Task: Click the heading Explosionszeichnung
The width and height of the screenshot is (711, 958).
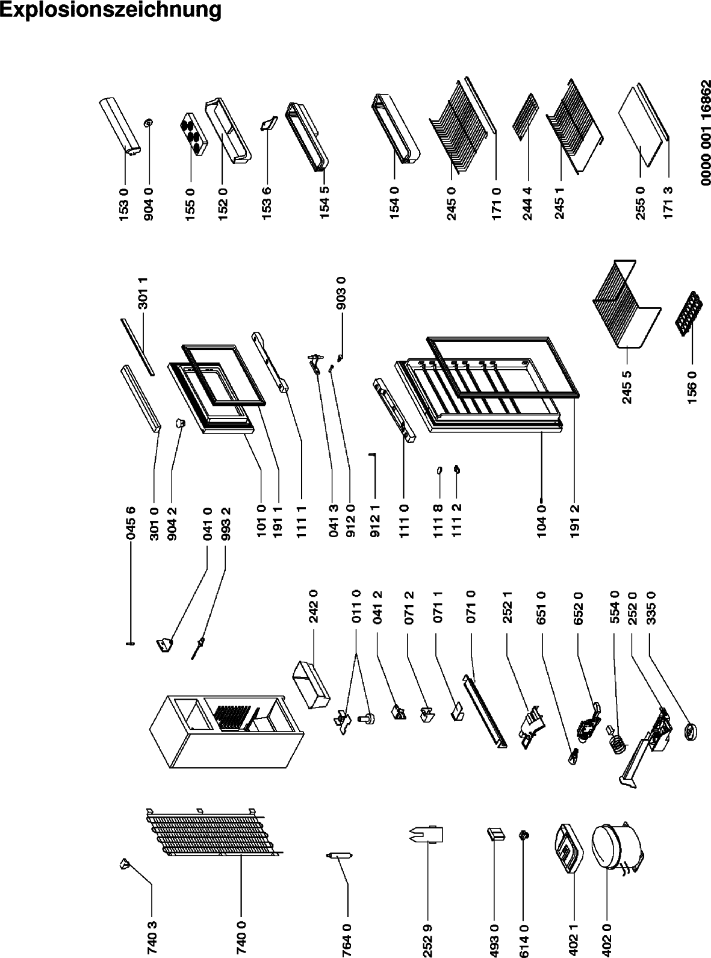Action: click(111, 10)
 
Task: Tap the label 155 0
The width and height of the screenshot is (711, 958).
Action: click(191, 205)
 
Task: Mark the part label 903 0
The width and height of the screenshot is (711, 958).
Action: click(341, 293)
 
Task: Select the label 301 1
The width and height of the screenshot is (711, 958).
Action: click(144, 293)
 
